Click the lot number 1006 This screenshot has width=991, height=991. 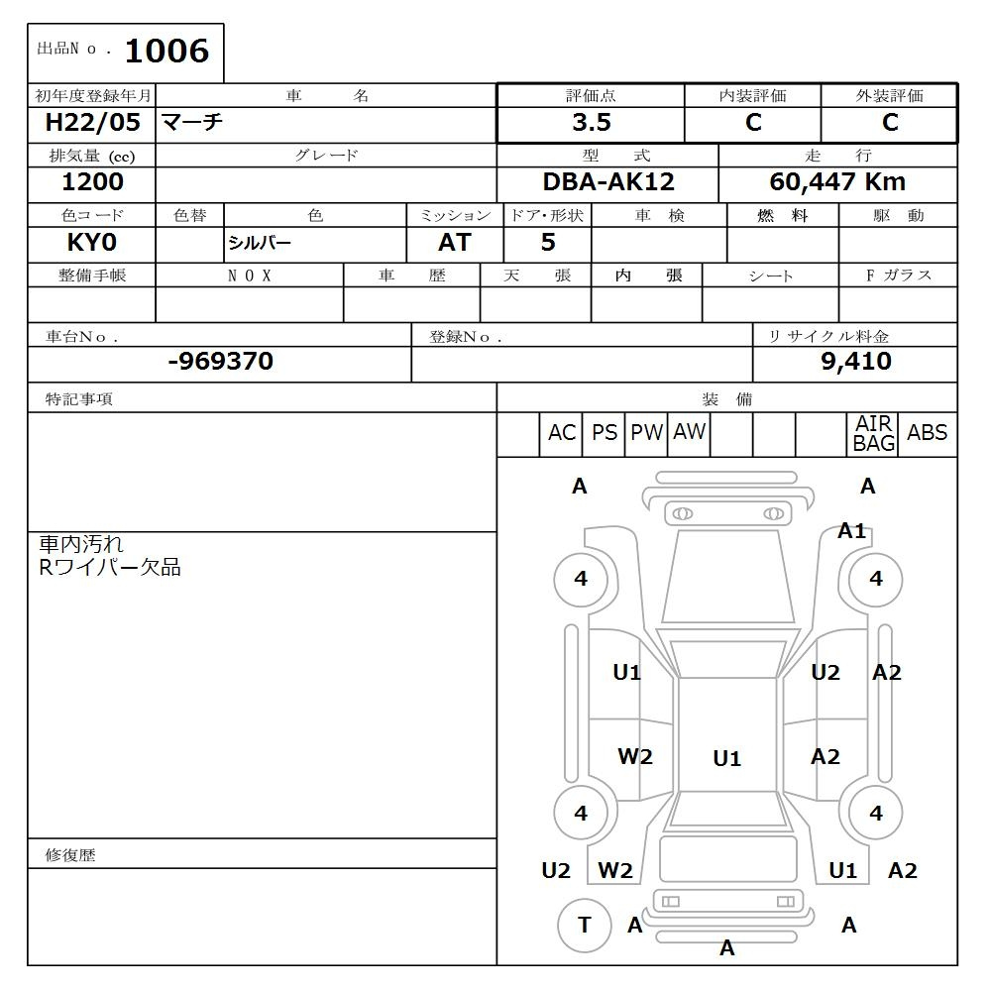pyautogui.click(x=166, y=51)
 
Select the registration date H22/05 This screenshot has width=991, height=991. pyautogui.click(x=93, y=123)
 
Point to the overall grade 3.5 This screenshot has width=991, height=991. pyautogui.click(x=591, y=123)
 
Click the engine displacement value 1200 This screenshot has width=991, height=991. pyautogui.click(x=93, y=182)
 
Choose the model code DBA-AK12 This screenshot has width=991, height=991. pyautogui.click(x=608, y=182)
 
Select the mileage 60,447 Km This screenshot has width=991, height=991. pyautogui.click(x=837, y=182)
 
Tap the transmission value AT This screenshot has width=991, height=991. pyautogui.click(x=454, y=243)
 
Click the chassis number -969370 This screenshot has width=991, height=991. pyautogui.click(x=220, y=362)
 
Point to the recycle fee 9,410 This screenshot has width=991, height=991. pyautogui.click(x=855, y=362)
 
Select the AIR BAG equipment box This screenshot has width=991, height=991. pyautogui.click(x=873, y=434)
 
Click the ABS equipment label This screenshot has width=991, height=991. pyautogui.click(x=927, y=433)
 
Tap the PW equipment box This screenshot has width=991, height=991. pyautogui.click(x=646, y=433)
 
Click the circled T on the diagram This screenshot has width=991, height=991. pyautogui.click(x=584, y=926)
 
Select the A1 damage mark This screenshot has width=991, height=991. pyautogui.click(x=851, y=531)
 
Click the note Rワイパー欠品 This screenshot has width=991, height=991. pyautogui.click(x=110, y=568)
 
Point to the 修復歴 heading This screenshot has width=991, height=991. pyautogui.click(x=70, y=855)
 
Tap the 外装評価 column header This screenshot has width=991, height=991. pyautogui.click(x=889, y=96)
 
